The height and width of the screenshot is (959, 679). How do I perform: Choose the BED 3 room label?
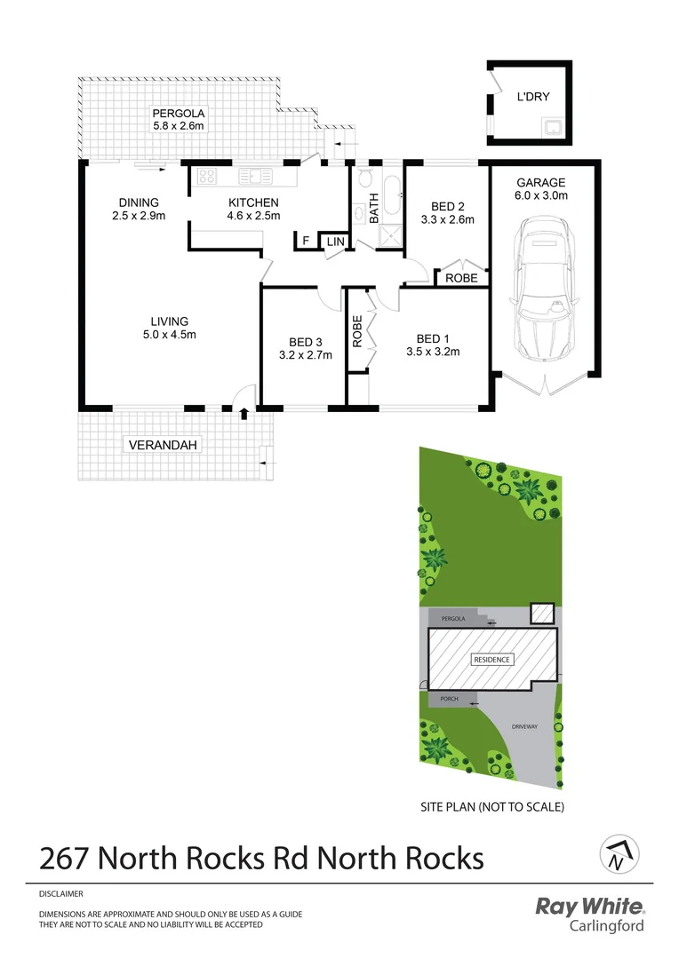tap(305, 342)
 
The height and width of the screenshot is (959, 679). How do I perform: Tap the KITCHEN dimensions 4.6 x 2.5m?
tap(253, 216)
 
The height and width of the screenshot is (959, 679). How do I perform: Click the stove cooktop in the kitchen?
tap(208, 176)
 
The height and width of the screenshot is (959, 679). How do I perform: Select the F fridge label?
tap(306, 241)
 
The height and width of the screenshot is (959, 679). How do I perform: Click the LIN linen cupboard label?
tap(335, 242)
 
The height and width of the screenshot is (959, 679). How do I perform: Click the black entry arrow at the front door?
tap(244, 412)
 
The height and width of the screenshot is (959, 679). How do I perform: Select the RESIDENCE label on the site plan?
tap(491, 660)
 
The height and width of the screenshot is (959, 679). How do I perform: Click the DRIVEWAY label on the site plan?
tap(525, 726)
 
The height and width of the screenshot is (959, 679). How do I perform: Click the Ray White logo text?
tap(588, 907)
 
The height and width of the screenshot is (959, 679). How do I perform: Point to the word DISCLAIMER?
tap(61, 894)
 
